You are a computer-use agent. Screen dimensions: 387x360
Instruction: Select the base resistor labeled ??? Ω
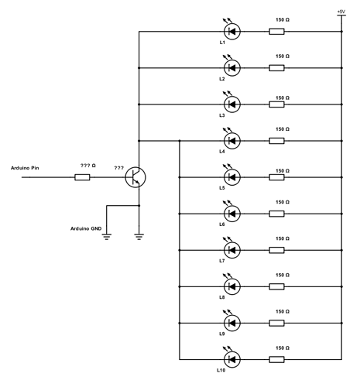[82, 177]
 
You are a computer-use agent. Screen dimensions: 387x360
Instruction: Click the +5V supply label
[341, 12]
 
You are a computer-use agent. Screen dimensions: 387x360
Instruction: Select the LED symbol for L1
[231, 32]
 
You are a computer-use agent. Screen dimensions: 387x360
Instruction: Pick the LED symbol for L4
[231, 141]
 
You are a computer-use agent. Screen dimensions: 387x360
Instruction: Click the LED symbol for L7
[231, 250]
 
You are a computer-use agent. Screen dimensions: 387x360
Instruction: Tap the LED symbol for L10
[231, 359]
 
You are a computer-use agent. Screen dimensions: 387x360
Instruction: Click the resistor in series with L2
[276, 68]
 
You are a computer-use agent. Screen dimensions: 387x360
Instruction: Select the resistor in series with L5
[276, 177]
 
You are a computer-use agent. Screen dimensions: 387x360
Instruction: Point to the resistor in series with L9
[276, 323]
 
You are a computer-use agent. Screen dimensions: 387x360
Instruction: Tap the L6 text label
[221, 224]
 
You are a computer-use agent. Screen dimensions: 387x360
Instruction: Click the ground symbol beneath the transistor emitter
[139, 236]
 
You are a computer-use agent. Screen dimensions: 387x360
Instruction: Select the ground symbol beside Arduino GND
[107, 236]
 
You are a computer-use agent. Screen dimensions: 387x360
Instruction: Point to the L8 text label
[221, 297]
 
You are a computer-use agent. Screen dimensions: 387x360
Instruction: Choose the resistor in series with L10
[276, 359]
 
